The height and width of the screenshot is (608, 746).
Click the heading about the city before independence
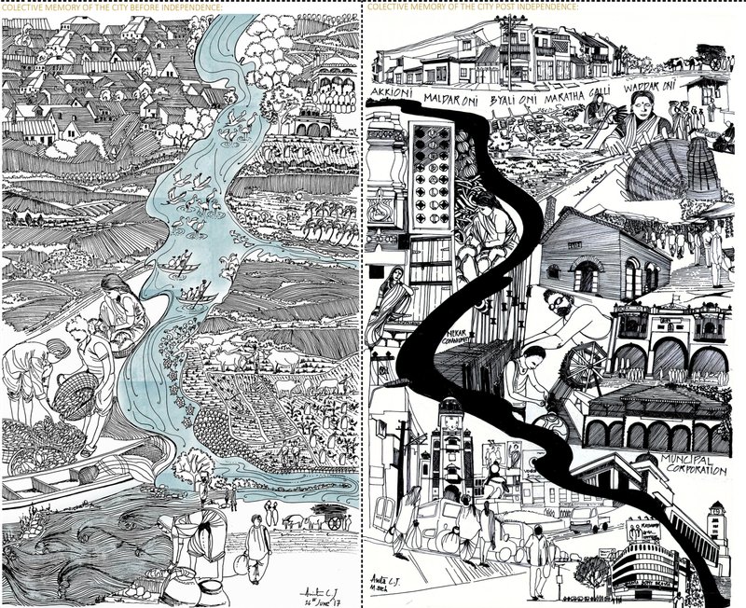pos(112,7)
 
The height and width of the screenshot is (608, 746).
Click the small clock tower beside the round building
pos(718,519)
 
